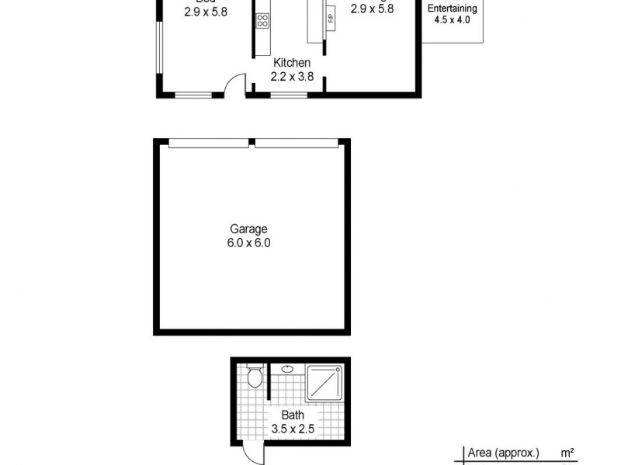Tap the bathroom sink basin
(x=288, y=369)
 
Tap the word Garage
(x=248, y=229)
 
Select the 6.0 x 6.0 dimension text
(x=248, y=243)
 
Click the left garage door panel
(x=208, y=142)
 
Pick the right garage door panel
(x=297, y=142)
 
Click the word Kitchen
(x=291, y=63)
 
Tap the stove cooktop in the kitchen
(x=262, y=21)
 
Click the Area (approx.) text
(x=503, y=453)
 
